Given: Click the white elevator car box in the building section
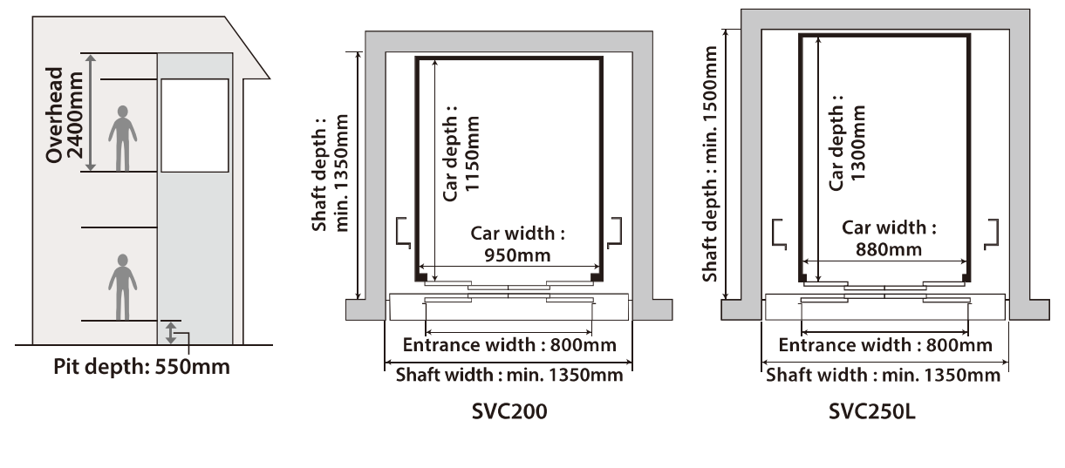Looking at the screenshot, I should point(195,125).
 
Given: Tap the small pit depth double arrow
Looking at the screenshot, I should point(172,332).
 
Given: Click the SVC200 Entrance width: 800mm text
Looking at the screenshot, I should point(509,345).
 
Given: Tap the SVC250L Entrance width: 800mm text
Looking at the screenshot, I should point(884,345).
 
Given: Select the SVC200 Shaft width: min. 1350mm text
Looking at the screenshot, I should point(509,376).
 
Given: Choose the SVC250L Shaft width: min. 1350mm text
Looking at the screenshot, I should point(884,376).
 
